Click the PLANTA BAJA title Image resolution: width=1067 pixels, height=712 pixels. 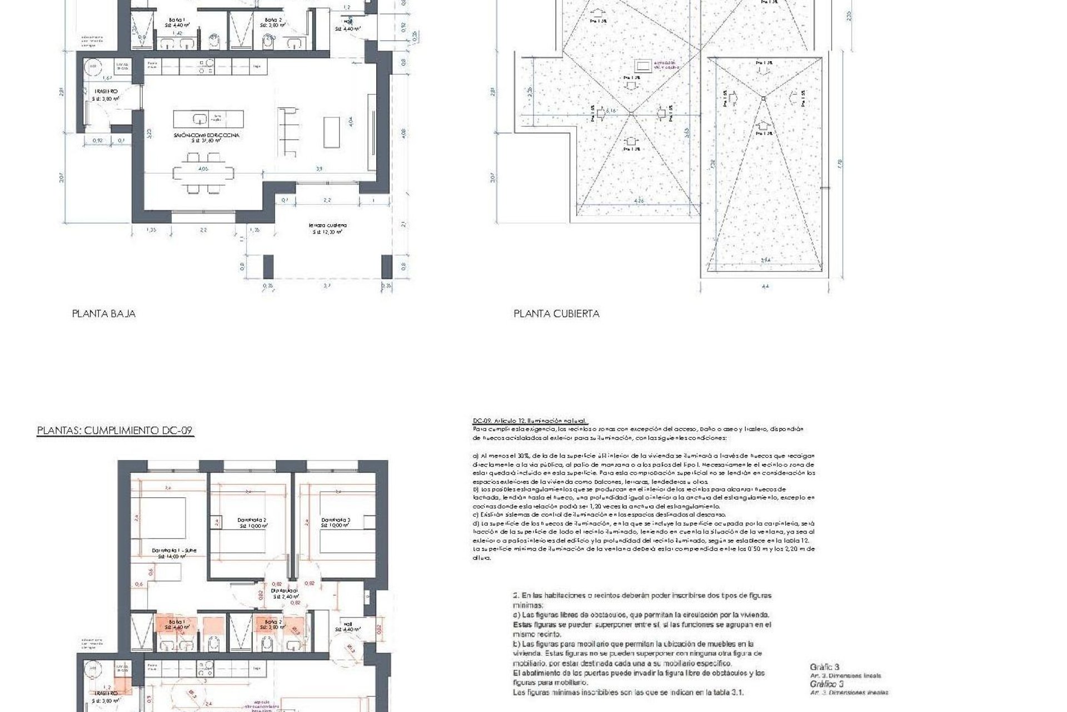pyautogui.click(x=104, y=314)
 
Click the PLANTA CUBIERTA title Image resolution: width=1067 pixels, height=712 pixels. pyautogui.click(x=556, y=314)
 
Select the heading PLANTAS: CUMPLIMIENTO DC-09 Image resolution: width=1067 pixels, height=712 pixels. pyautogui.click(x=115, y=431)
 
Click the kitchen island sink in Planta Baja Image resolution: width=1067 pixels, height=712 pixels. pyautogui.click(x=198, y=118)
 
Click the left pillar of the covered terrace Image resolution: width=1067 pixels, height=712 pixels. pyautogui.click(x=268, y=266)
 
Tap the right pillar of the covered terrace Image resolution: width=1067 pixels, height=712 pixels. pyautogui.click(x=386, y=266)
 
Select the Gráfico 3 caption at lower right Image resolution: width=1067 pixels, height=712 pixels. pyautogui.click(x=825, y=667)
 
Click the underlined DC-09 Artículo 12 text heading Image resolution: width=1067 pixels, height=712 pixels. pyautogui.click(x=529, y=421)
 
